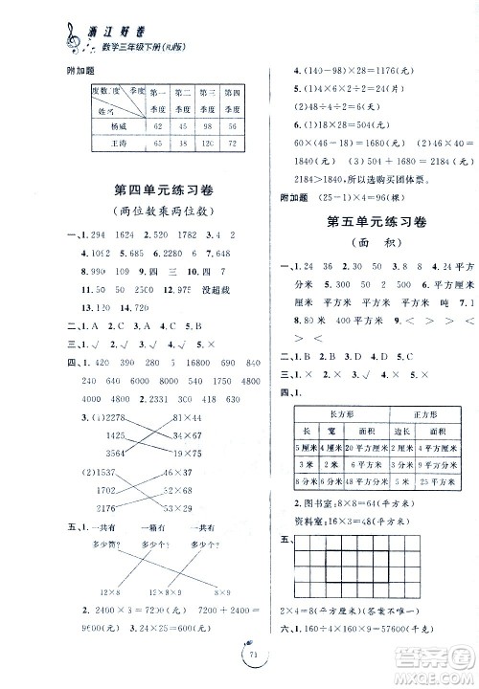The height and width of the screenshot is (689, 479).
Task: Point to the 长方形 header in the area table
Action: [x=341, y=386]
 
